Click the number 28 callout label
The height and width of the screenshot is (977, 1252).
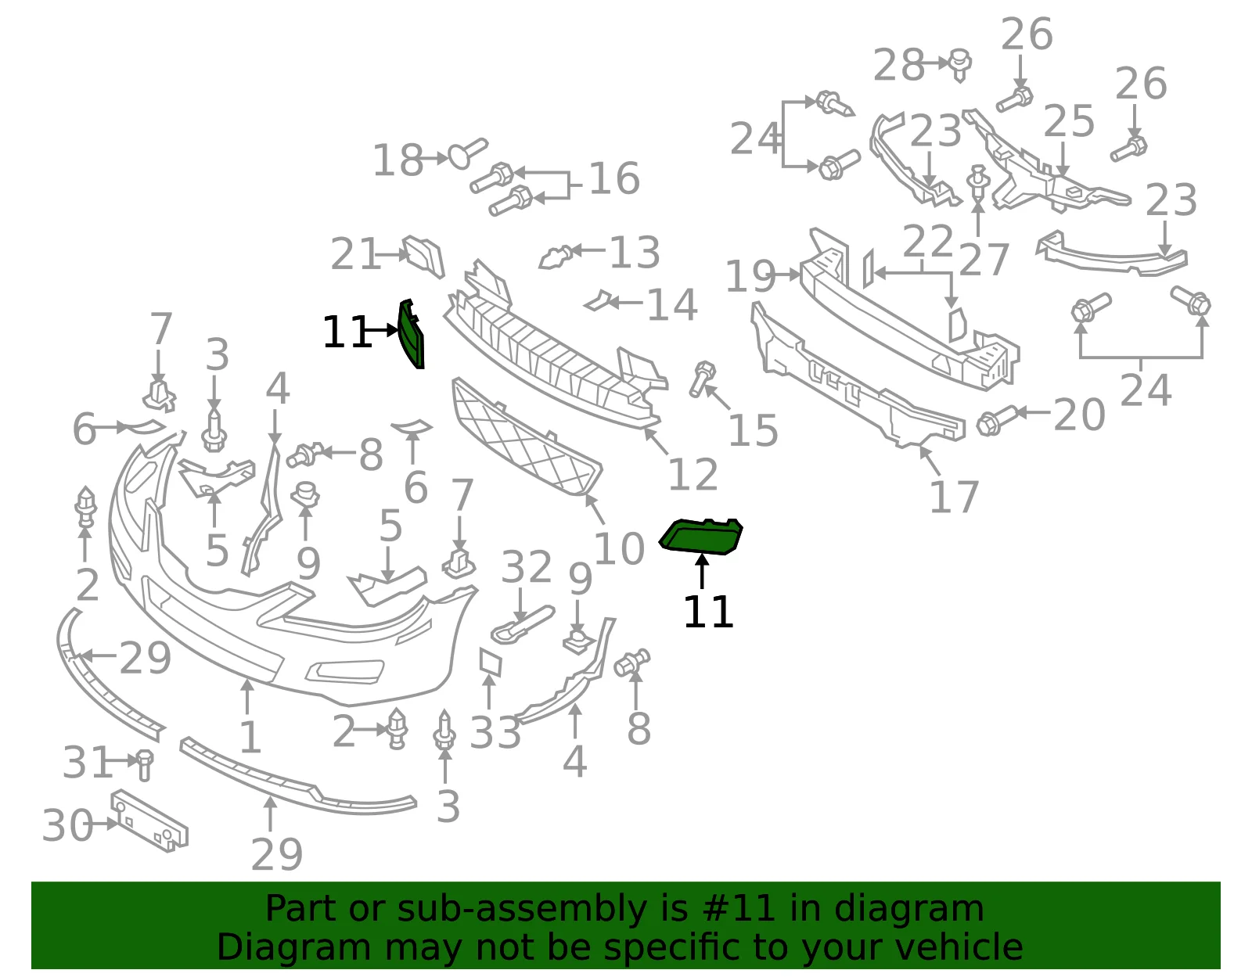(899, 64)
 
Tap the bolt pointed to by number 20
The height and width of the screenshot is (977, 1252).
(998, 420)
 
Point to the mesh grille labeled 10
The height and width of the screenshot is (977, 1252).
(527, 437)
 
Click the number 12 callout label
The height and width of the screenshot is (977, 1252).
(693, 474)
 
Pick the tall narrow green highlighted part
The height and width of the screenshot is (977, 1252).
(412, 333)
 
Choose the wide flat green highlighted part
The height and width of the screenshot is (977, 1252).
(701, 537)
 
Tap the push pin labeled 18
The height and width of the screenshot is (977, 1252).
(467, 153)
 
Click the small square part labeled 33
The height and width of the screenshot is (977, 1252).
(491, 662)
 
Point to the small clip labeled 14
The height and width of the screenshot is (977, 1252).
(598, 301)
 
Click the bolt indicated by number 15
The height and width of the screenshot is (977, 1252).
(703, 379)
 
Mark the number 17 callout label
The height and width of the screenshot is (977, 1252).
(954, 497)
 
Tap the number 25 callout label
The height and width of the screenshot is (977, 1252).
(1069, 121)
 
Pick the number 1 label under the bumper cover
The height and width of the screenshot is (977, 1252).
(250, 737)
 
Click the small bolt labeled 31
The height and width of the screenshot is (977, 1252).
(144, 765)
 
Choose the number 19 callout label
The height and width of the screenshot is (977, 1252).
(750, 277)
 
